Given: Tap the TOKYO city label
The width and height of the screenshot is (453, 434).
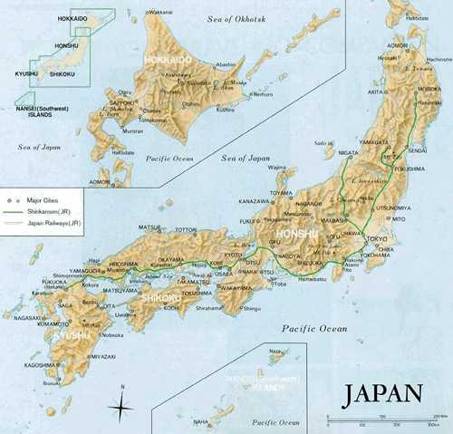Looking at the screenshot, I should click(x=378, y=238).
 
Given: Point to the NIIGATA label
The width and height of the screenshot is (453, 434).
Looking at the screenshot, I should click(x=348, y=154).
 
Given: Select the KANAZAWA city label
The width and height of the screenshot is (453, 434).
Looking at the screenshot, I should click(x=254, y=200).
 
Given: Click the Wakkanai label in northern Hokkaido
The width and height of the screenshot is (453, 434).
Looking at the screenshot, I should click(x=159, y=12).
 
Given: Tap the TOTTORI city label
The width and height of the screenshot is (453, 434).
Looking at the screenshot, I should click(x=185, y=229).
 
